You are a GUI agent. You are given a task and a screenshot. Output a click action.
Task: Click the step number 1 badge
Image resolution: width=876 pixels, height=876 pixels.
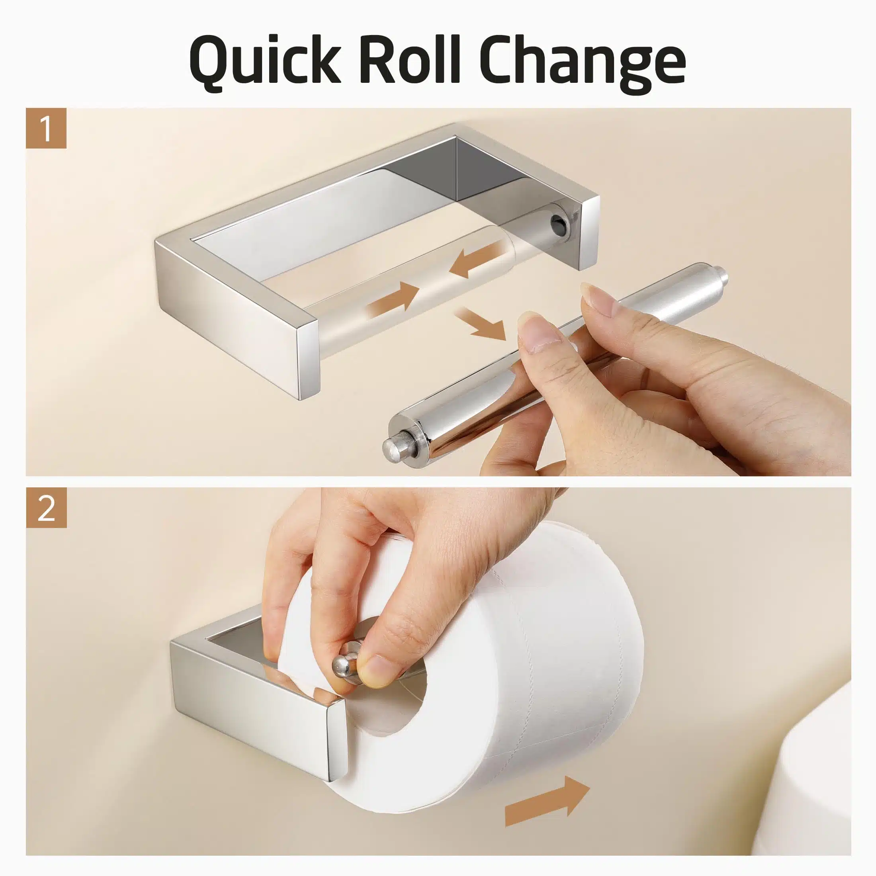[x=46, y=128]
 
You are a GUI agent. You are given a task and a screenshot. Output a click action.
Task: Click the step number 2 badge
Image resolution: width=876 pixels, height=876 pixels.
[x=46, y=508]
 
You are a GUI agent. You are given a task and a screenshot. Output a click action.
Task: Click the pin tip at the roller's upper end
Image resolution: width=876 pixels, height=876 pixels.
[x=725, y=276]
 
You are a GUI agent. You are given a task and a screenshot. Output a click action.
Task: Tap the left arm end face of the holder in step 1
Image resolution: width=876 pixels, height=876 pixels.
[x=307, y=361]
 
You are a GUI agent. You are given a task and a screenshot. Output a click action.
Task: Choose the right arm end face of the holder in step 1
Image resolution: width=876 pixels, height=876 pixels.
[x=589, y=233]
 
